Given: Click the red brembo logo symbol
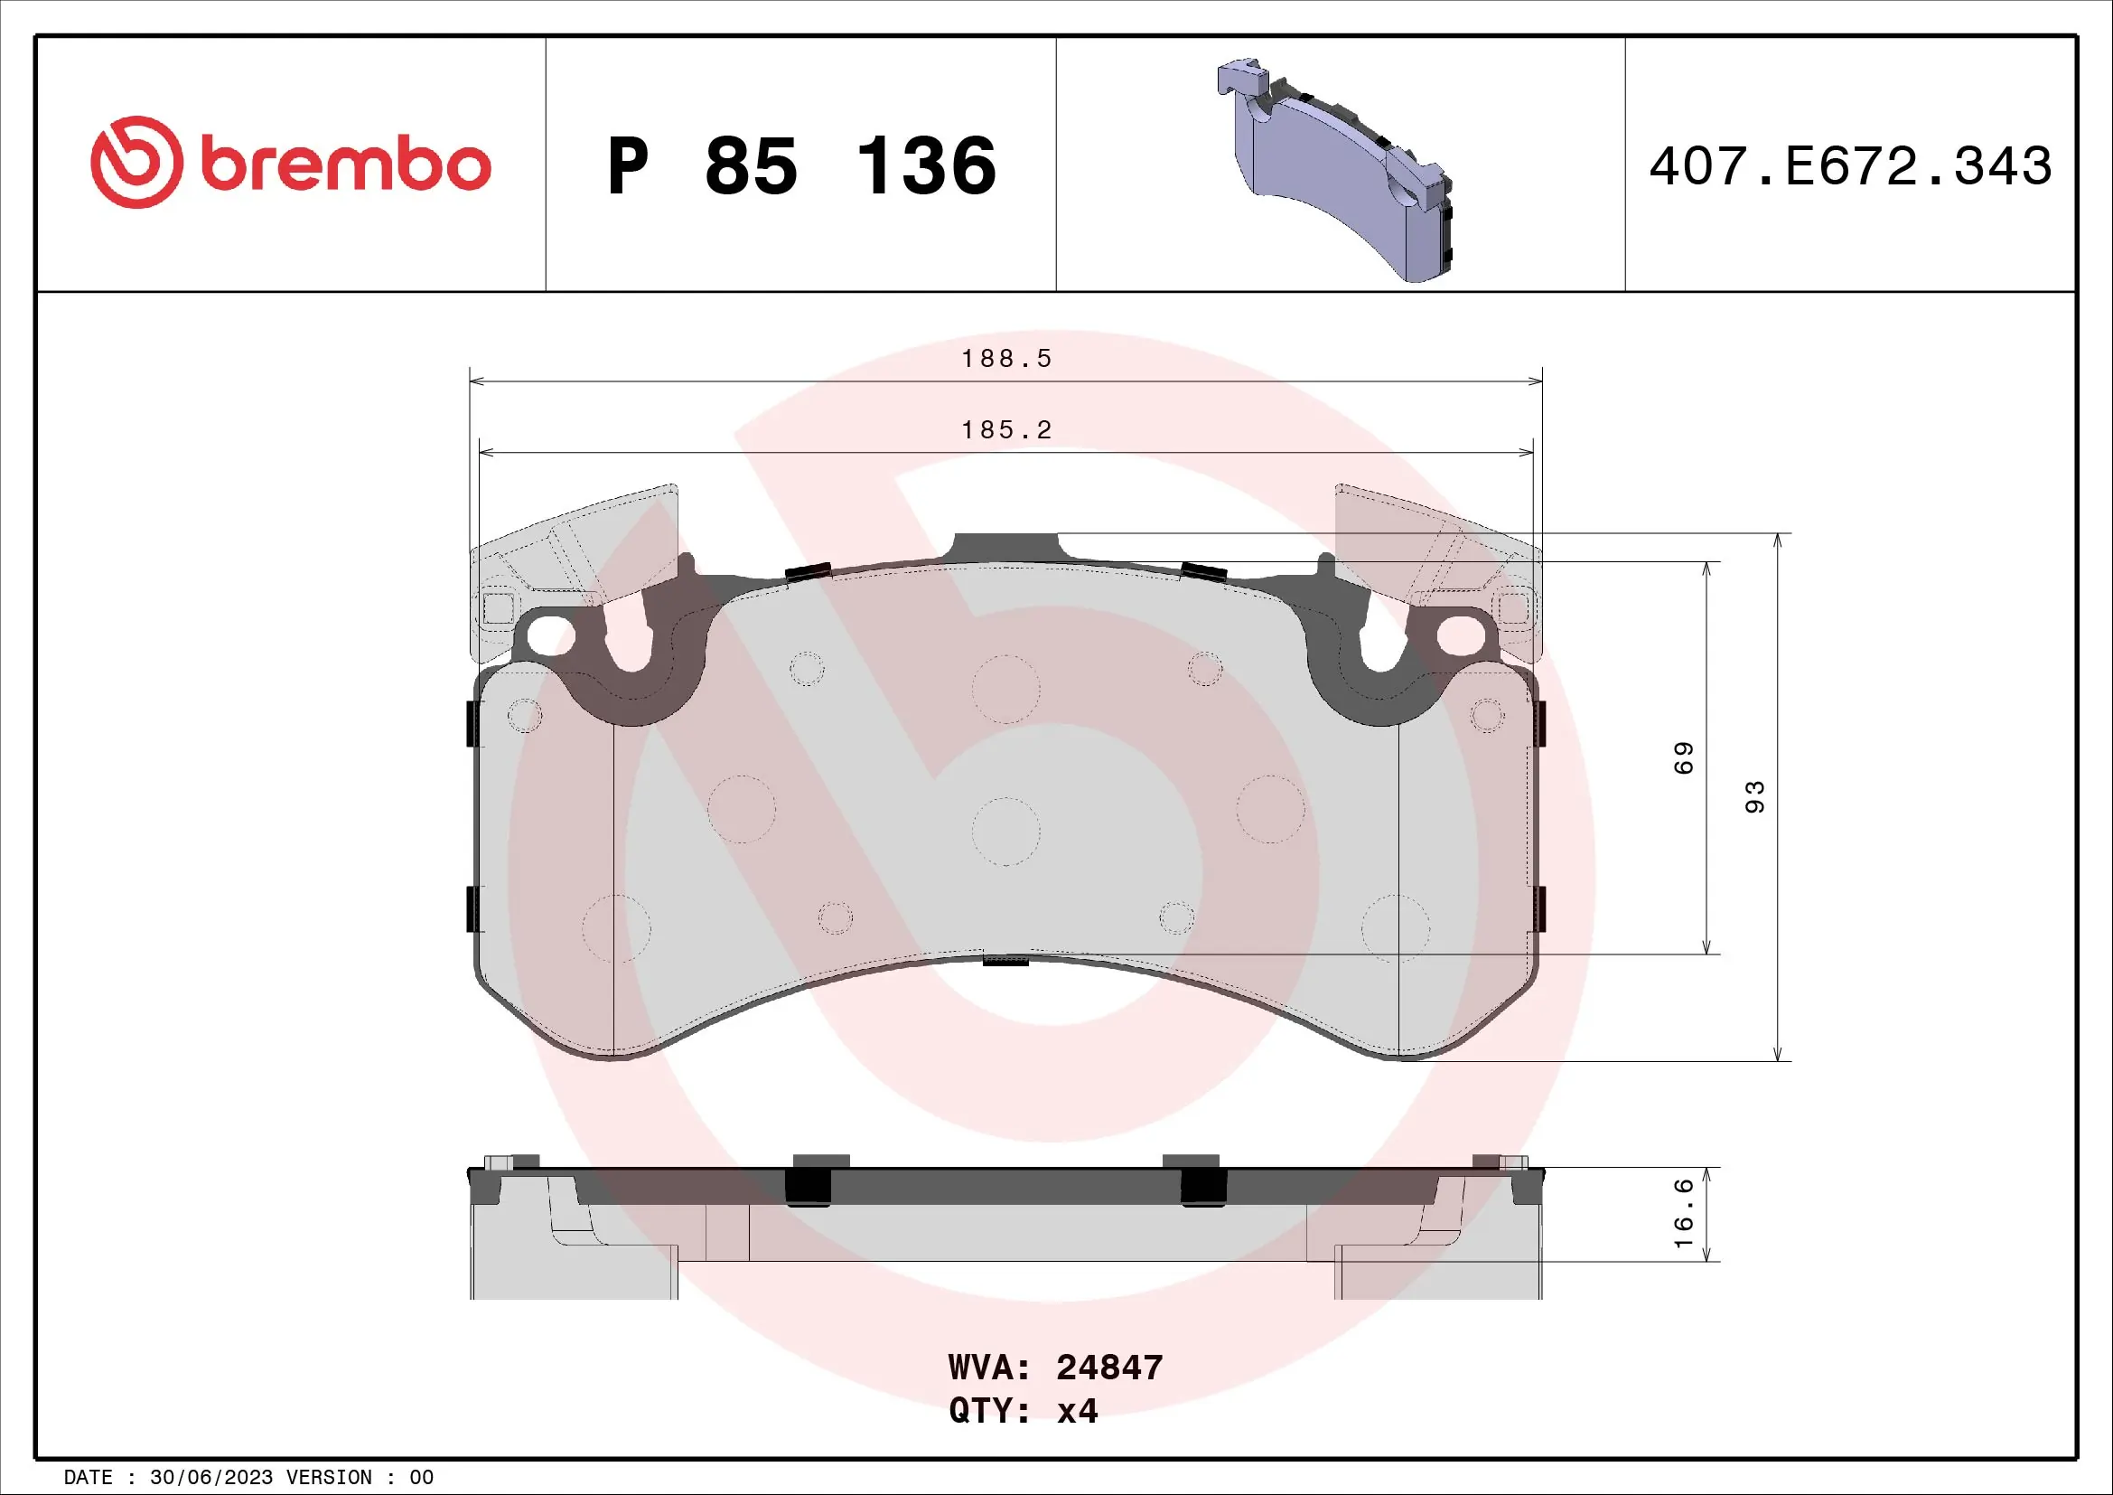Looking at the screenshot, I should (x=136, y=162).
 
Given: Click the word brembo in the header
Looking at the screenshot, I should (x=345, y=165).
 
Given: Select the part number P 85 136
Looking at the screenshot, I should (x=800, y=166).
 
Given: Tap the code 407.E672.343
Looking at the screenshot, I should (x=1850, y=166).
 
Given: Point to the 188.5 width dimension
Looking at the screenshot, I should (x=1005, y=359).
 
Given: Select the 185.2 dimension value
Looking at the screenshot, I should (x=1005, y=430).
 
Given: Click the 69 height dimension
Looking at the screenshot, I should (x=1682, y=757).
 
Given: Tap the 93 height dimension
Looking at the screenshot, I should (x=1754, y=797).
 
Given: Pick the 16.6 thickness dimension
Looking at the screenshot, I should (x=1682, y=1214).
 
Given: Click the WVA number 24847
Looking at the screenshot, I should (x=1109, y=1368).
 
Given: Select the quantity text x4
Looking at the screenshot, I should (x=1077, y=1411).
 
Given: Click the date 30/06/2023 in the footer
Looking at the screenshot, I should (x=210, y=1478).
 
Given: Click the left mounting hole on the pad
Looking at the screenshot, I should (x=549, y=635).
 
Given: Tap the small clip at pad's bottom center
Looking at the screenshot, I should (x=1005, y=960).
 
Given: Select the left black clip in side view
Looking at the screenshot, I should (x=808, y=1186).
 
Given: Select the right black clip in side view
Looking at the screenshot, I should (x=1202, y=1186).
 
